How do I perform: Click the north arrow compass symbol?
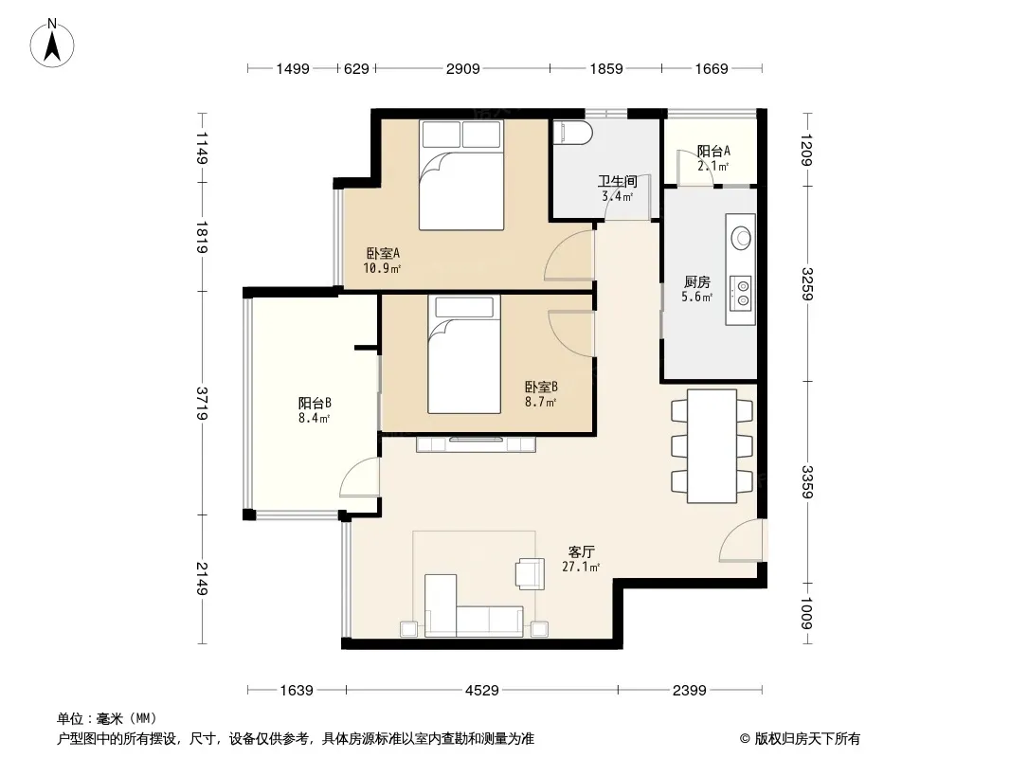click(52, 44)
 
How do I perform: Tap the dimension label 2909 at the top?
click(462, 68)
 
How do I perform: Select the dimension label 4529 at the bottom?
click(482, 691)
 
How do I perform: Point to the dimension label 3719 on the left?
click(202, 403)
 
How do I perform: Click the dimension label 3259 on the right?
click(808, 284)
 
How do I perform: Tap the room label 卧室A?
click(383, 253)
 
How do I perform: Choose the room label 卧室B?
click(541, 387)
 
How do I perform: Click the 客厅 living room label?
click(581, 551)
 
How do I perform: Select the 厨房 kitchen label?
click(697, 282)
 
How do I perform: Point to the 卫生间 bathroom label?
click(617, 181)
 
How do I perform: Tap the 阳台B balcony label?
click(315, 403)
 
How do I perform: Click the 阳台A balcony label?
click(713, 152)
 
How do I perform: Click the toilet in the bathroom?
click(572, 134)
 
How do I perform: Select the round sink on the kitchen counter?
click(741, 238)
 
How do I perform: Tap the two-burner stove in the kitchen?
click(742, 293)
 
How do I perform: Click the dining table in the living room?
click(712, 445)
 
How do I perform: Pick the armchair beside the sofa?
click(531, 573)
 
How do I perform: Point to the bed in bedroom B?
click(464, 354)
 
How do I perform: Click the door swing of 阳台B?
click(359, 478)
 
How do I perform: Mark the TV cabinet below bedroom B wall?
click(476, 444)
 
